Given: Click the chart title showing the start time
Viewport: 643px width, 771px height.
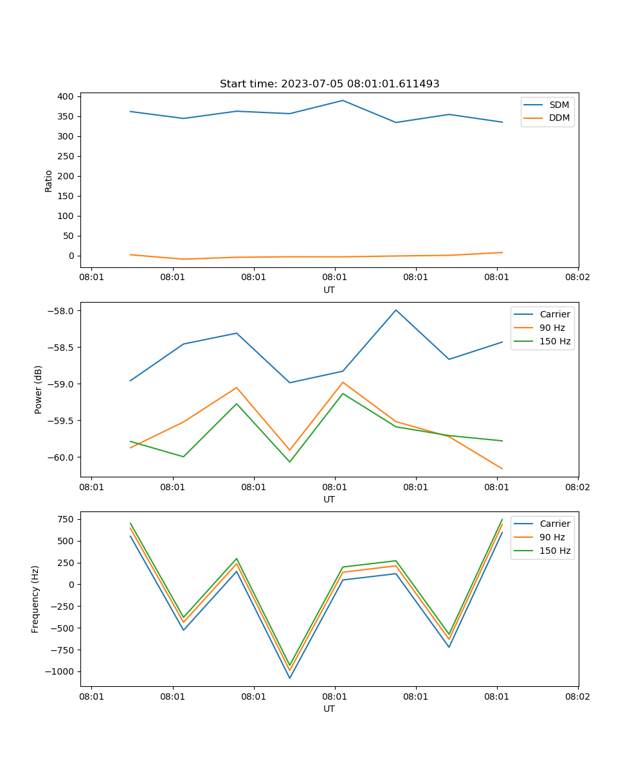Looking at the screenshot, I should [329, 84].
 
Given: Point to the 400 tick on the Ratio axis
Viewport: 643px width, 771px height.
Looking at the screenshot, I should [66, 96].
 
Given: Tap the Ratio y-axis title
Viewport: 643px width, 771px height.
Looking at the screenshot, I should [49, 181].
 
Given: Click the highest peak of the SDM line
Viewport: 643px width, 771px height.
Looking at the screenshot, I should [343, 100].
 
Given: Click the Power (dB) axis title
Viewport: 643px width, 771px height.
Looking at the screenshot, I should [39, 389].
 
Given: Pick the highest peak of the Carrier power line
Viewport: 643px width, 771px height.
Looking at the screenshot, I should [396, 310].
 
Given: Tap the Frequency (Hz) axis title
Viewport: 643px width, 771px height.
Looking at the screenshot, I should [35, 599].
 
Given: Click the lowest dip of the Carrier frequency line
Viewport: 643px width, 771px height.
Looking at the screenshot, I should [289, 678].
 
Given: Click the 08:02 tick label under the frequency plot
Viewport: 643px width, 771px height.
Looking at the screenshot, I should [577, 696].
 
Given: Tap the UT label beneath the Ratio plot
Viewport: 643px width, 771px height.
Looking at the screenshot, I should [329, 290].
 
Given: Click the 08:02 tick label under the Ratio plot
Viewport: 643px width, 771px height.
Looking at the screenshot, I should [577, 277].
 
